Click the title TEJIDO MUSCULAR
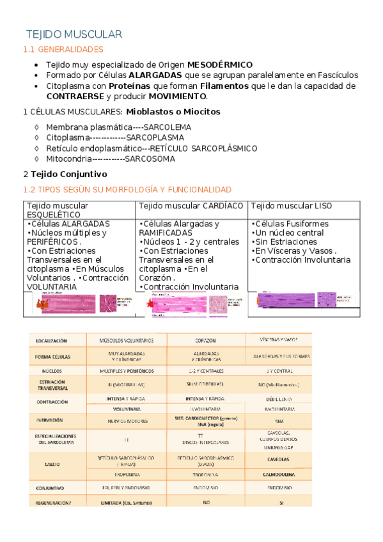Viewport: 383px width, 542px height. pos(74,34)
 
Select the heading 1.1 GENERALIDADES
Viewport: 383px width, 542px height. pos(63,49)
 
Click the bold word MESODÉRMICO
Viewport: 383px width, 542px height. pos(219,65)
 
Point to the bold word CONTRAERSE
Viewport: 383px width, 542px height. pos(75,96)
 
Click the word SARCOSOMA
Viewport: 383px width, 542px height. pos(150,159)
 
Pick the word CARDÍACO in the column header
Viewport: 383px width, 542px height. pos(223,206)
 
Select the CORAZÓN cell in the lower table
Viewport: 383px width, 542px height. pos(205,341)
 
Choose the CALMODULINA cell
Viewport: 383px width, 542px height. pos(279,475)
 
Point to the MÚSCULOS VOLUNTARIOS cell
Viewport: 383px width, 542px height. pos(126,341)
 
